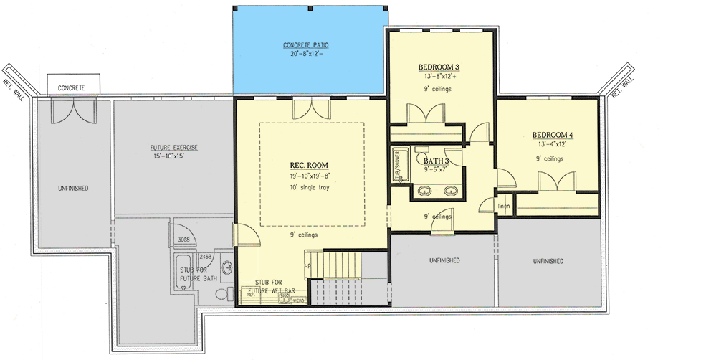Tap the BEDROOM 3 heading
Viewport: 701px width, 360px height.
(x=439, y=67)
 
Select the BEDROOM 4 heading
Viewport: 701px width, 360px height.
(x=552, y=135)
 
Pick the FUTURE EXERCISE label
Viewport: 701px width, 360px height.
(x=174, y=148)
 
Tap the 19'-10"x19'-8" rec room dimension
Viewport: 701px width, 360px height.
(x=309, y=176)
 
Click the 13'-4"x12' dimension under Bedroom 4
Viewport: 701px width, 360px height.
(x=552, y=146)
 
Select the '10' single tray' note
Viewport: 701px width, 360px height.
(x=309, y=189)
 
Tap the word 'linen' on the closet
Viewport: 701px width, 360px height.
(x=505, y=208)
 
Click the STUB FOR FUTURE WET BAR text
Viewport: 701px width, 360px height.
(x=272, y=287)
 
